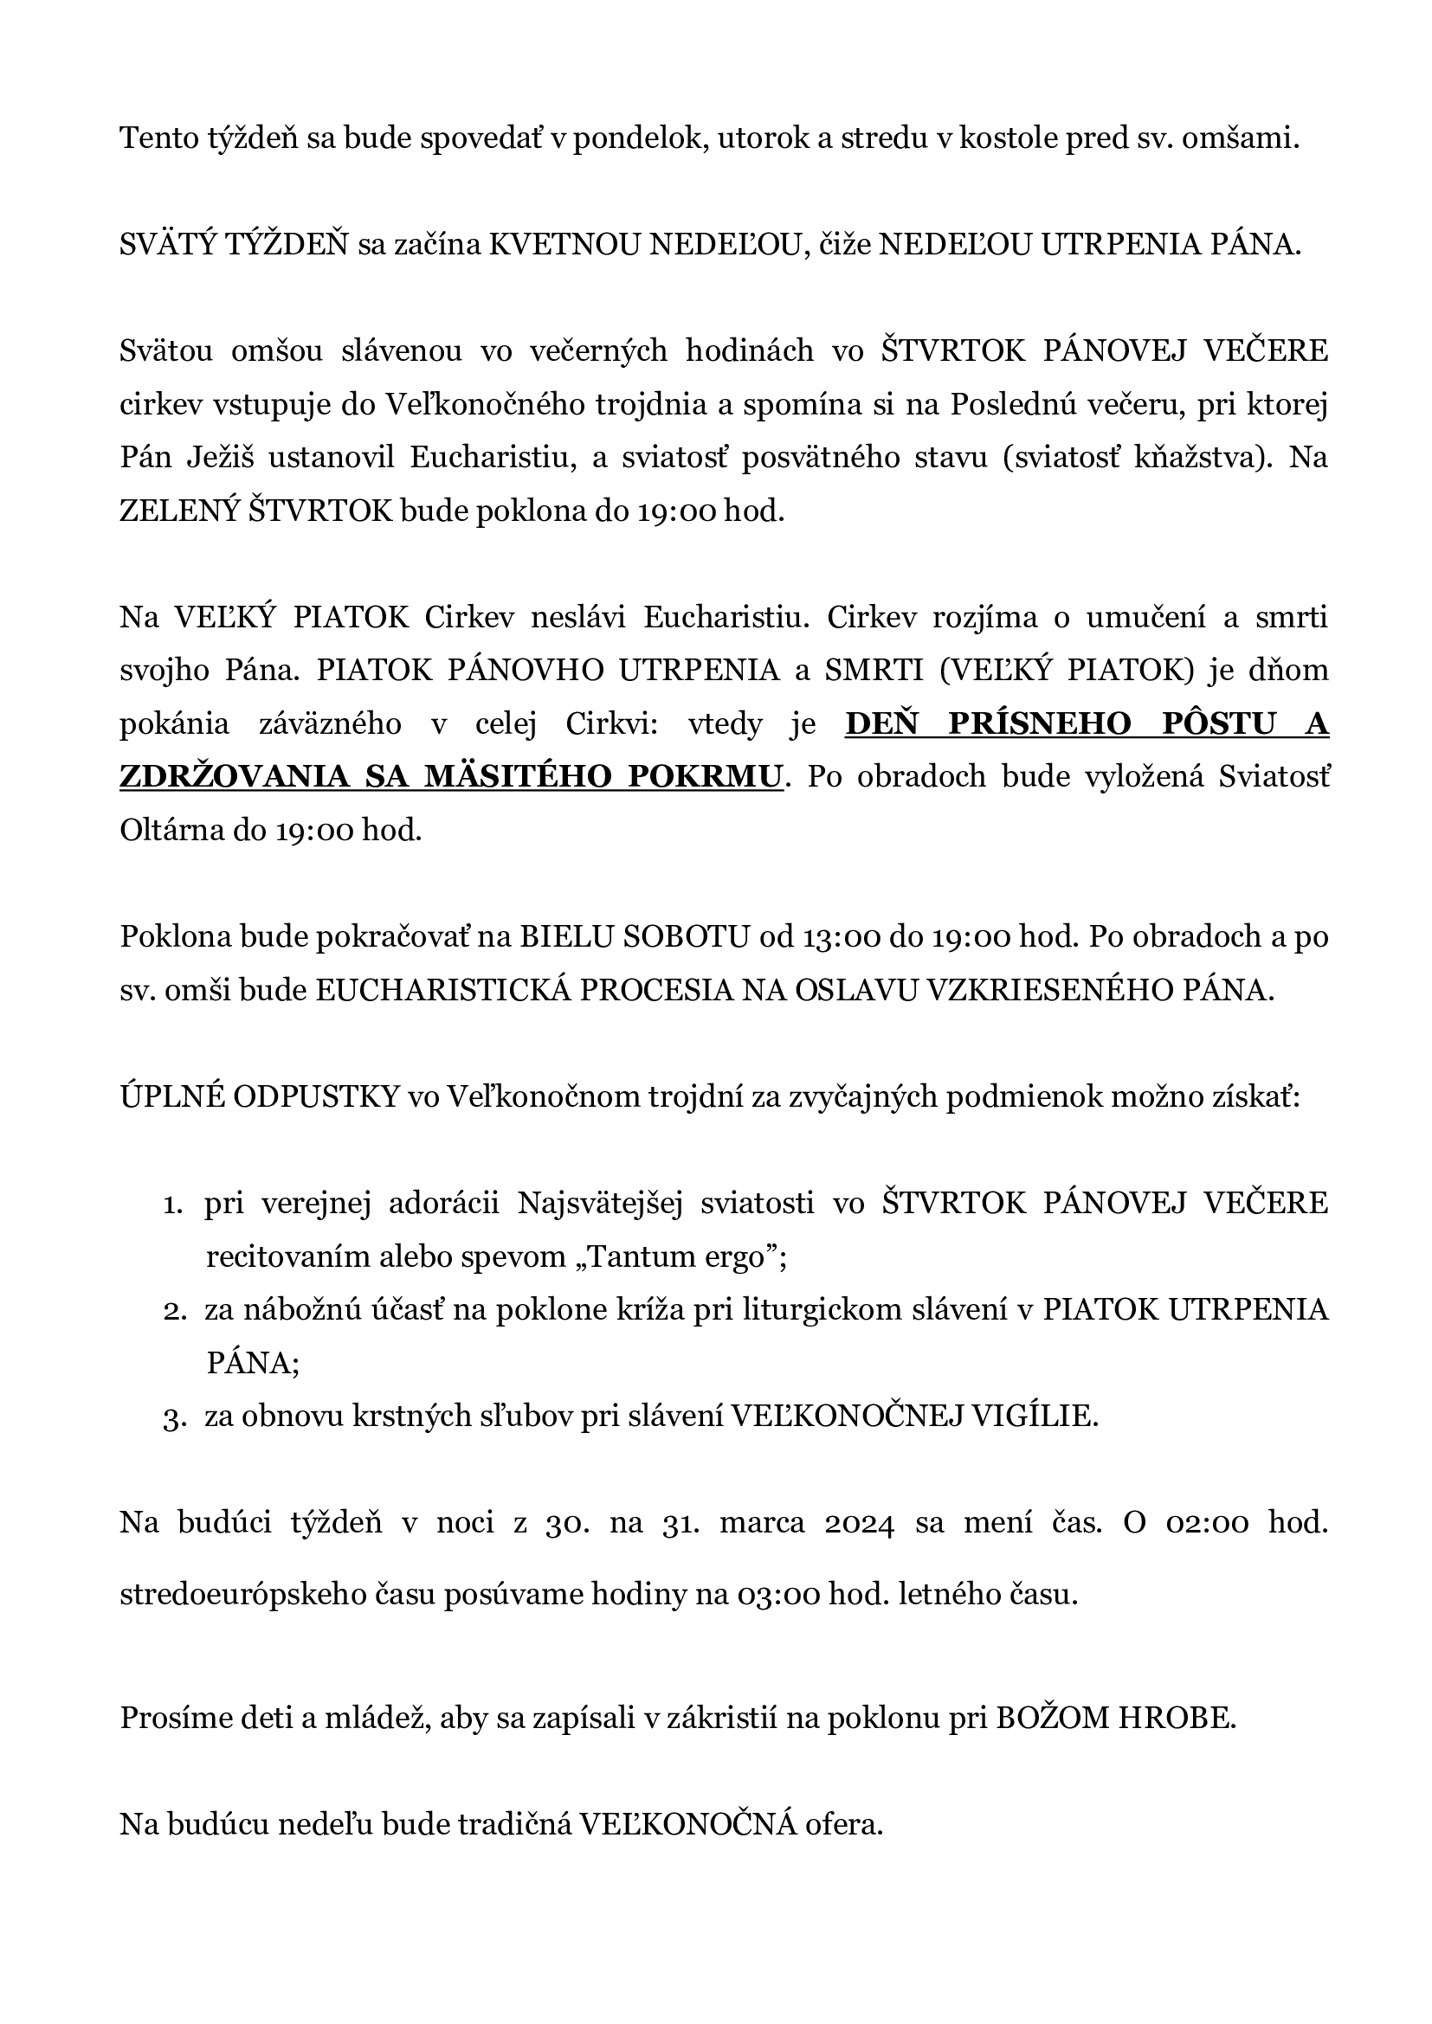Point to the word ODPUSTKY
315,1096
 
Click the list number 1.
172,1205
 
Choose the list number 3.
172,1417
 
